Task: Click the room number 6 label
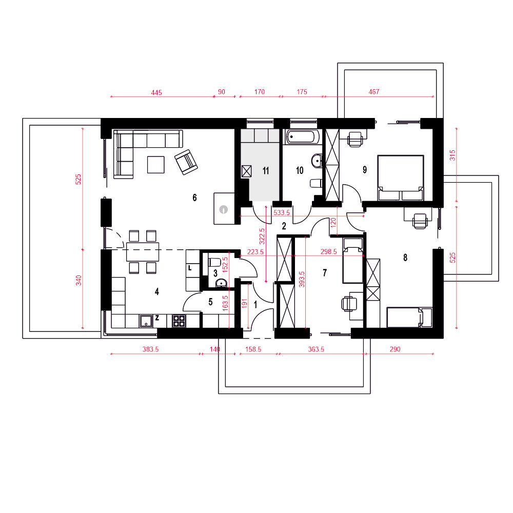pyautogui.click(x=194, y=198)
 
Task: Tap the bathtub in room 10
pyautogui.click(x=303, y=137)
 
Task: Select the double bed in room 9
pyautogui.click(x=401, y=178)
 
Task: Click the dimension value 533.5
pyautogui.click(x=282, y=213)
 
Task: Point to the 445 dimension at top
pyautogui.click(x=156, y=92)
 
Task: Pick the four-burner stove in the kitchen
pyautogui.click(x=179, y=321)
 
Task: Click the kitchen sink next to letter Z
pyautogui.click(x=146, y=321)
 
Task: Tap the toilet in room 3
pyautogui.click(x=213, y=262)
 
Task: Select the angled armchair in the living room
pyautogui.click(x=186, y=162)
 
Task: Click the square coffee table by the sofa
pyautogui.click(x=156, y=165)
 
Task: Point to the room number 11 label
pyautogui.click(x=266, y=170)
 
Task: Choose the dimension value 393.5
pyautogui.click(x=302, y=280)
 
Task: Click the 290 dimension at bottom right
pyautogui.click(x=395, y=349)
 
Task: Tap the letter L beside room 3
pyautogui.click(x=190, y=268)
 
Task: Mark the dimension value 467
pyautogui.click(x=373, y=92)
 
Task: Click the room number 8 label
pyautogui.click(x=405, y=258)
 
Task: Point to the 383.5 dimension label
pyautogui.click(x=150, y=349)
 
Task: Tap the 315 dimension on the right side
pyautogui.click(x=452, y=155)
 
